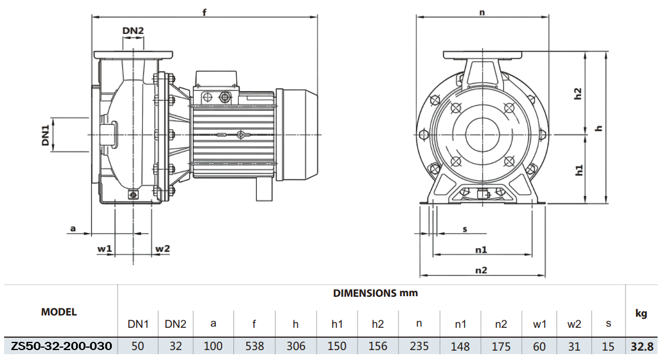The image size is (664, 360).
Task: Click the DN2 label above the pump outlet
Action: coord(133,30)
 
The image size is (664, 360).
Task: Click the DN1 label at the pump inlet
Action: coord(45,134)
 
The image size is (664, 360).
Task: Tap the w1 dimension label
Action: coord(104,249)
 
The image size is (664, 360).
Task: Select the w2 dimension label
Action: coord(162,249)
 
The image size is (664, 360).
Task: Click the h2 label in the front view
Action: coord(577,94)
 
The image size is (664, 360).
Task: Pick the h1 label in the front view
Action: coord(579,170)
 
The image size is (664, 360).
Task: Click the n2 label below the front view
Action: coord(481,270)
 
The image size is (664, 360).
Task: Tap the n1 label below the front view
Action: coord(481,249)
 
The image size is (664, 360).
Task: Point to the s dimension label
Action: coord(465,229)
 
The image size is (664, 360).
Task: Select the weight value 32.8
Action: coord(641,346)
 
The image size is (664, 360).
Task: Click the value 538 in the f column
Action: coord(254,346)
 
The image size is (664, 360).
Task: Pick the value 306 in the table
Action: coord(296,346)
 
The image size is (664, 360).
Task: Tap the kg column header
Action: coord(641,314)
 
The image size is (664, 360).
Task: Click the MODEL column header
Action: coord(59,312)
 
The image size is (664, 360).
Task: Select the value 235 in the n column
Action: coord(419,346)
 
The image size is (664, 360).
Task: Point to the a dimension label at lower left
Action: coord(73,228)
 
